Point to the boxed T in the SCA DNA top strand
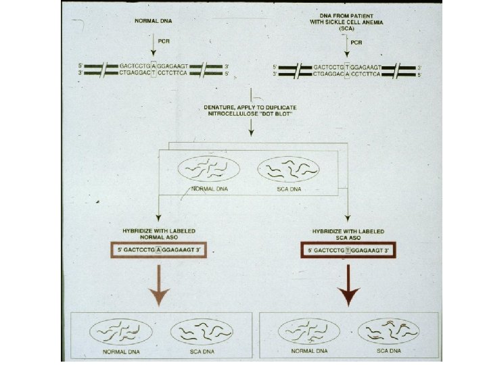pos(348,68)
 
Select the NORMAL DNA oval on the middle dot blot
pos(209,169)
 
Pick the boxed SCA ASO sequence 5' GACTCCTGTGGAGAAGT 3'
pos(348,250)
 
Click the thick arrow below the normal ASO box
pos(159,284)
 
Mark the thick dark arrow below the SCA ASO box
pos(349,284)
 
